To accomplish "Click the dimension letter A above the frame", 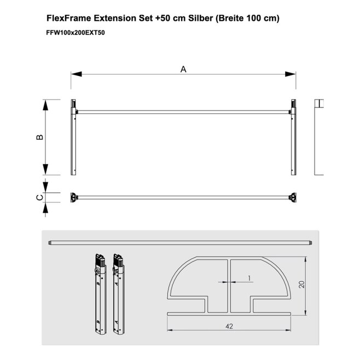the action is click(183, 69).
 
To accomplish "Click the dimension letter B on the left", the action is click(40, 137).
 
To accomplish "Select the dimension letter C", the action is click(40, 198).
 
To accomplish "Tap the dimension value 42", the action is click(229, 326).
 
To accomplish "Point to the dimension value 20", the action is click(301, 284).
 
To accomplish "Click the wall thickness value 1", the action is click(249, 278).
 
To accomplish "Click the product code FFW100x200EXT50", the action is click(76, 33).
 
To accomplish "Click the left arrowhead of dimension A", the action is click(76, 74).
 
